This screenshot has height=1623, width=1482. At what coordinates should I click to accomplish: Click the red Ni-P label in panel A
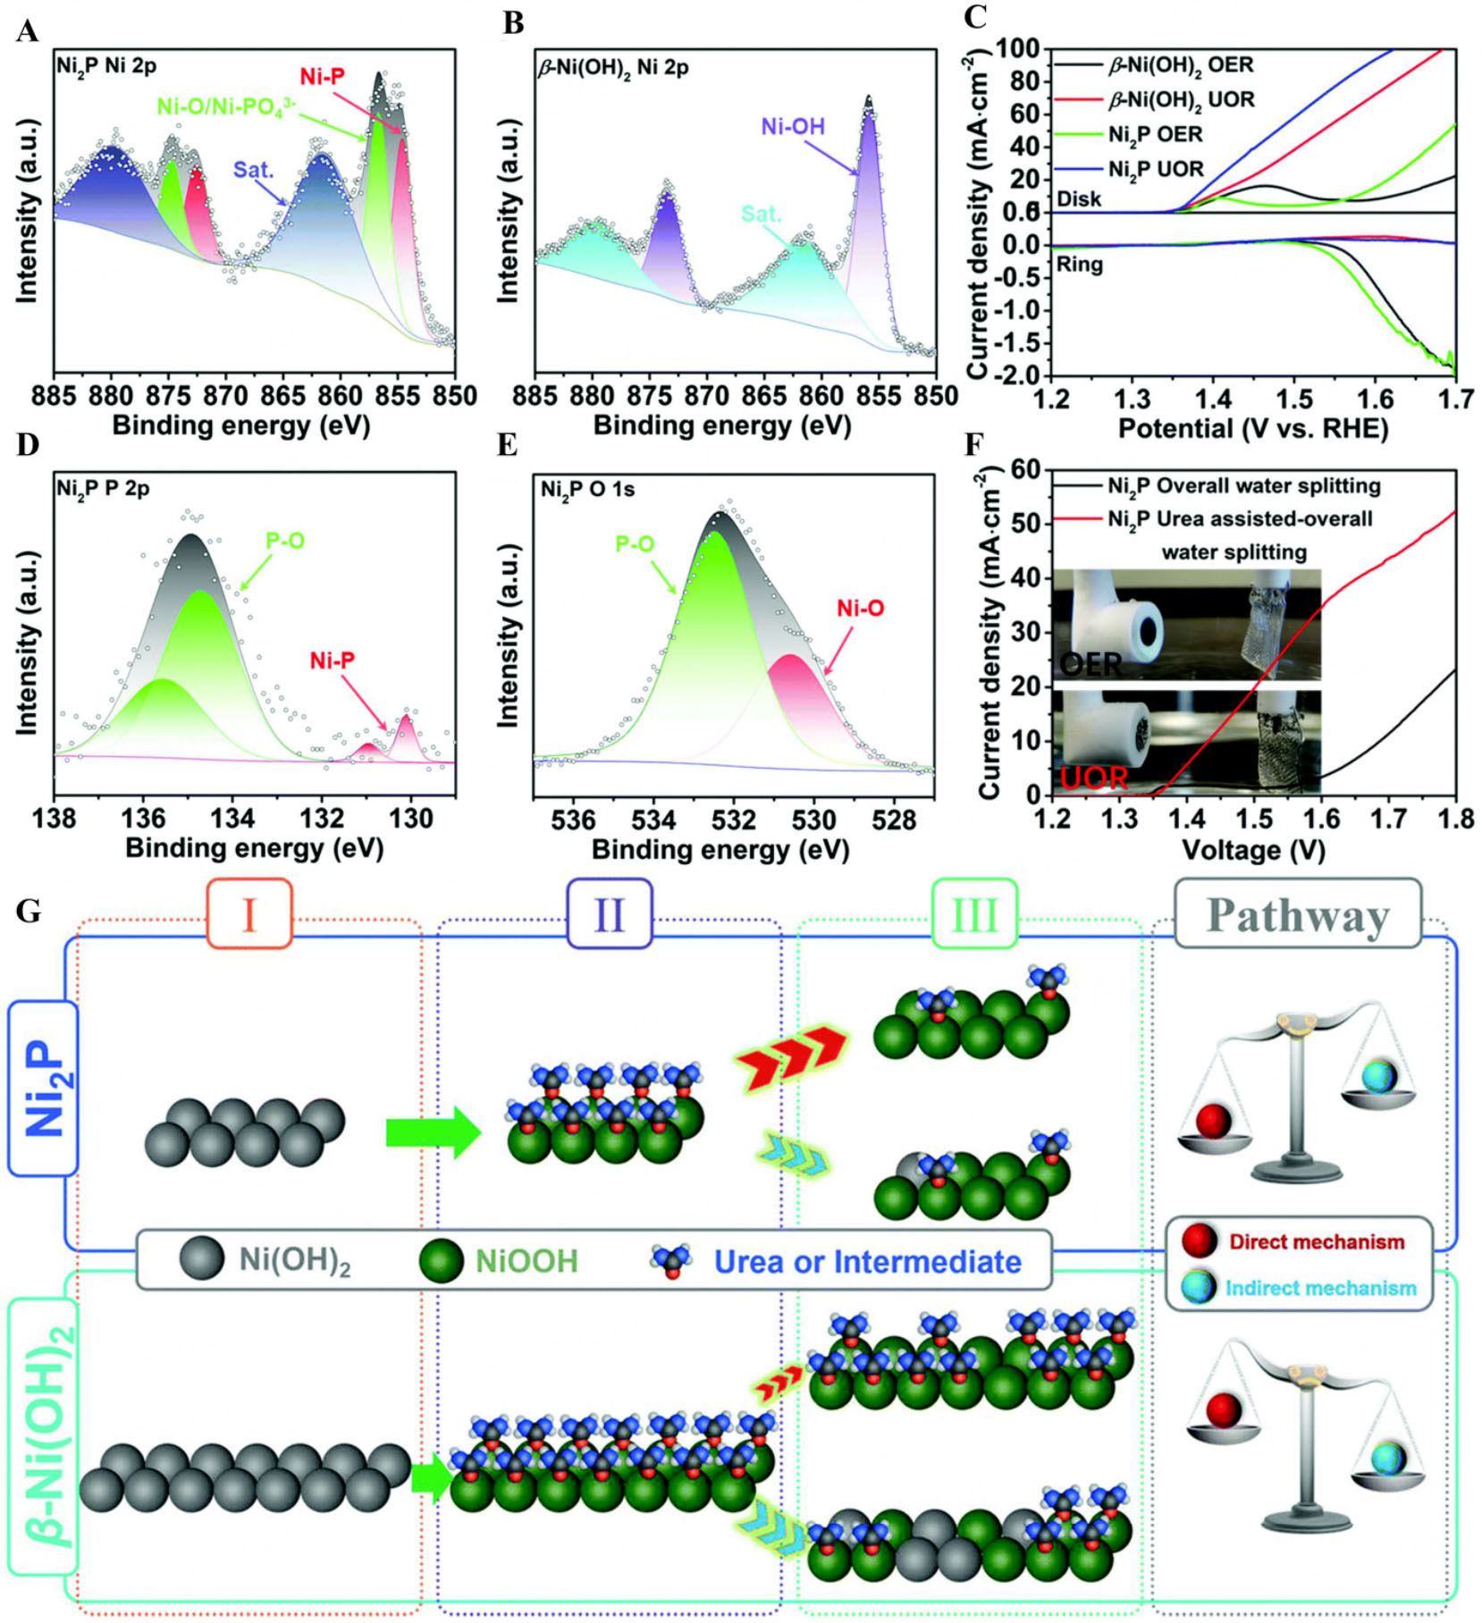click(x=322, y=77)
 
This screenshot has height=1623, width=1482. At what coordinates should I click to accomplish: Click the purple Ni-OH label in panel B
click(x=792, y=127)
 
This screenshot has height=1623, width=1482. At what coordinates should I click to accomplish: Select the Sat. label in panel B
click(x=761, y=214)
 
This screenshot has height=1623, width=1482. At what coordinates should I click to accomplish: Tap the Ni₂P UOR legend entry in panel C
click(x=1155, y=169)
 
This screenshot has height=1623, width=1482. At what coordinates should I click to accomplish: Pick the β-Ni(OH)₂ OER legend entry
click(x=1180, y=65)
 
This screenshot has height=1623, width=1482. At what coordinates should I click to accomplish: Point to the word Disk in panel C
click(x=1079, y=198)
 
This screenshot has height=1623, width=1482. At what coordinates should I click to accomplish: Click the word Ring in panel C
click(x=1079, y=265)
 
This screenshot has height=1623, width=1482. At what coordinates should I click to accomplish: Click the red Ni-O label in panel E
click(x=860, y=609)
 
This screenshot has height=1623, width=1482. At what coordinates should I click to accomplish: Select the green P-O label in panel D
click(x=285, y=541)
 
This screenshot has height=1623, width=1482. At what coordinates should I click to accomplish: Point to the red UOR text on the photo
click(x=1094, y=778)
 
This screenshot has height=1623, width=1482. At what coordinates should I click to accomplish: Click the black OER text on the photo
click(x=1090, y=664)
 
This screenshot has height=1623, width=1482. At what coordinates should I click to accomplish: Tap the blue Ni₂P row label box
click(x=43, y=1087)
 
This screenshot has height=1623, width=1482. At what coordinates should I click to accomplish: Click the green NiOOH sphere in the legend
click(x=441, y=1261)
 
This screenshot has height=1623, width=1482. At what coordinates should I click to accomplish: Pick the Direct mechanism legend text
click(x=1316, y=1241)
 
